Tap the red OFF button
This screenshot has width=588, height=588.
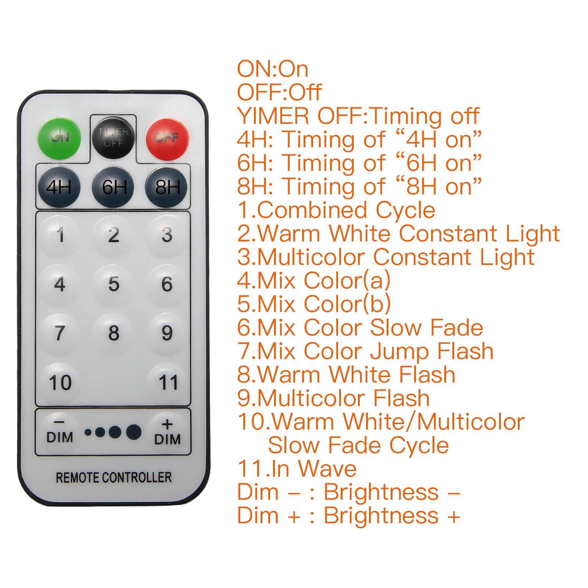point(168,138)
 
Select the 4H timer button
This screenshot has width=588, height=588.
point(59,187)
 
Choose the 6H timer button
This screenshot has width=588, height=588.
point(113,187)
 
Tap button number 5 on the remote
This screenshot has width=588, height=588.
point(114,284)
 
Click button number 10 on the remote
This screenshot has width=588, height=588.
point(60,383)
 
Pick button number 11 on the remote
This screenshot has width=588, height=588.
point(168,383)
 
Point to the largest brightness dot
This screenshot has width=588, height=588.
point(134,432)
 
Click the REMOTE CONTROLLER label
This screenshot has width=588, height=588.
point(114,477)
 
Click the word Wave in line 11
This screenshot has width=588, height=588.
point(327,469)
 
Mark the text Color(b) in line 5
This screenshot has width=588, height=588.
point(347,304)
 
